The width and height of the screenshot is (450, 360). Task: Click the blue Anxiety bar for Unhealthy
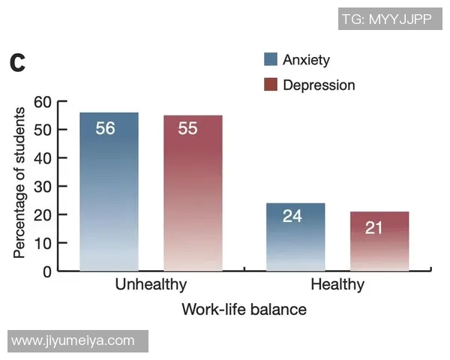click(x=109, y=191)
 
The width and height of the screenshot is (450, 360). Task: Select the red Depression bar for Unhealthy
click(x=193, y=193)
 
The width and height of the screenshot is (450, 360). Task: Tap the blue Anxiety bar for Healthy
click(x=295, y=237)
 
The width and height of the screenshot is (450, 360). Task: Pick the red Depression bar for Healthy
click(x=379, y=241)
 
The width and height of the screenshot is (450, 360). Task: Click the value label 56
click(x=105, y=128)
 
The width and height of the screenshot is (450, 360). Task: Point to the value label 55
click(x=187, y=128)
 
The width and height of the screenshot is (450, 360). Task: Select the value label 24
click(x=292, y=216)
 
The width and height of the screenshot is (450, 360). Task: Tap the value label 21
click(x=373, y=228)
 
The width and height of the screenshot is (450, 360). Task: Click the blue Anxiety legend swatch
click(x=271, y=59)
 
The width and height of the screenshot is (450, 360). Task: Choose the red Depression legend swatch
click(x=271, y=85)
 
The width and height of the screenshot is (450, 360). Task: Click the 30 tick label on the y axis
click(x=43, y=187)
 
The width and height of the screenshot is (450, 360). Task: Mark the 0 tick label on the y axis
click(x=47, y=271)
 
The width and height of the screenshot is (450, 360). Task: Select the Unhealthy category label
click(x=151, y=284)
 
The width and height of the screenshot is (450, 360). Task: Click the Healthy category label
click(x=337, y=284)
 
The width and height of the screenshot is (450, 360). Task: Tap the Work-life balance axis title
click(x=244, y=310)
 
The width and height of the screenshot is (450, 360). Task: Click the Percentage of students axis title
click(x=19, y=183)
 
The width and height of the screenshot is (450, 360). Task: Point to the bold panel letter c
click(x=17, y=63)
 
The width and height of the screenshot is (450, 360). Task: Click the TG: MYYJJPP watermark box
click(x=390, y=19)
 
